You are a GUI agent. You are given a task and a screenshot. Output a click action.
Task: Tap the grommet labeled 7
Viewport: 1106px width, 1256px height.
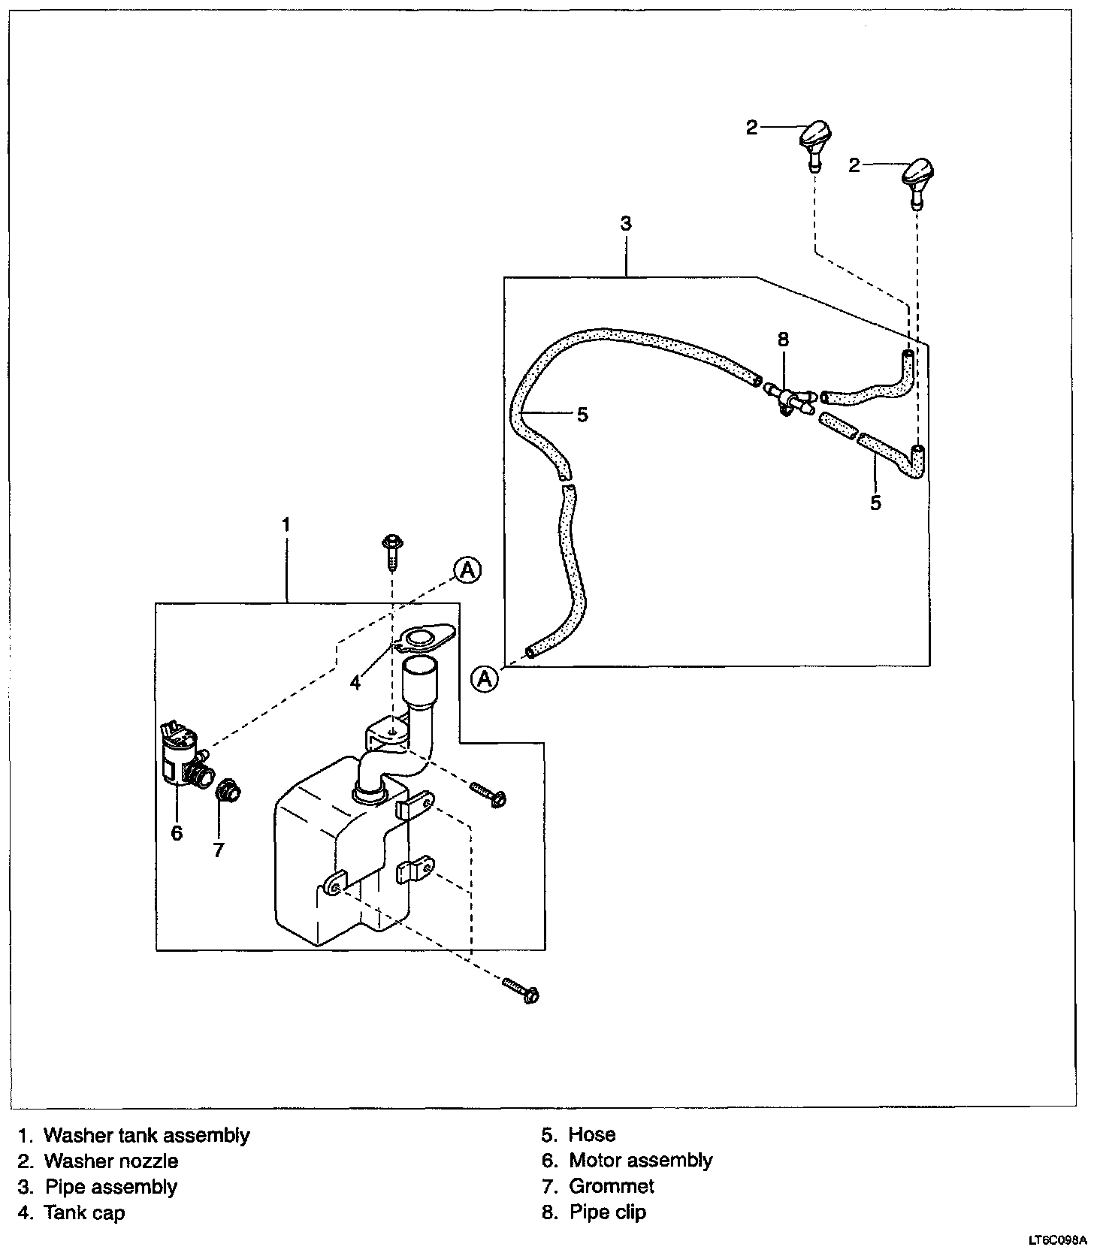(x=226, y=792)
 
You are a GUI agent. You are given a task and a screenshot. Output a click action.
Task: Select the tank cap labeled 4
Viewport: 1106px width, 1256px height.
(x=422, y=638)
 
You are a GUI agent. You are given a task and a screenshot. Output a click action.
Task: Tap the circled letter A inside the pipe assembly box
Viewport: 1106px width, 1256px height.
(x=485, y=679)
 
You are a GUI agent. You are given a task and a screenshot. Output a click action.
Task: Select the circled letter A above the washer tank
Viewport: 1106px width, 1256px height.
(x=467, y=570)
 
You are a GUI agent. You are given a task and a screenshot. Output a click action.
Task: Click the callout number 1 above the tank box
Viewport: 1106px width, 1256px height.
(x=286, y=524)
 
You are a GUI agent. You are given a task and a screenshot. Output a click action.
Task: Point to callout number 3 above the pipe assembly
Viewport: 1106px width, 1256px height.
(x=626, y=223)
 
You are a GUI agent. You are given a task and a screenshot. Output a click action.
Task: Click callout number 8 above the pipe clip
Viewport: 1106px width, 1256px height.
(x=783, y=340)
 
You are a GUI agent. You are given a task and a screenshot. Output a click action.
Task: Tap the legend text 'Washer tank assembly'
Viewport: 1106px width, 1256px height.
(x=147, y=1135)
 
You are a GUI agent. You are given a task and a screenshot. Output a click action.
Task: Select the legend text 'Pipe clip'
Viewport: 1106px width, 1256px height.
(x=607, y=1212)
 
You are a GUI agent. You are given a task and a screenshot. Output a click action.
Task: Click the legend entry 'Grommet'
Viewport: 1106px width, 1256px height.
(x=611, y=1186)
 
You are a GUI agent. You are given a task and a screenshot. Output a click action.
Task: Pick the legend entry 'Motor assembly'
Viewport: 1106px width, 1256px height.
(x=640, y=1161)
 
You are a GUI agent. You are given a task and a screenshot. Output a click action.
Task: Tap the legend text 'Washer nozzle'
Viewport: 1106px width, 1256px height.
(x=111, y=1161)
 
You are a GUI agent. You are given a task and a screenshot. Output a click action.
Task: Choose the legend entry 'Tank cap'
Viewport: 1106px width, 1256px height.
(x=84, y=1212)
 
